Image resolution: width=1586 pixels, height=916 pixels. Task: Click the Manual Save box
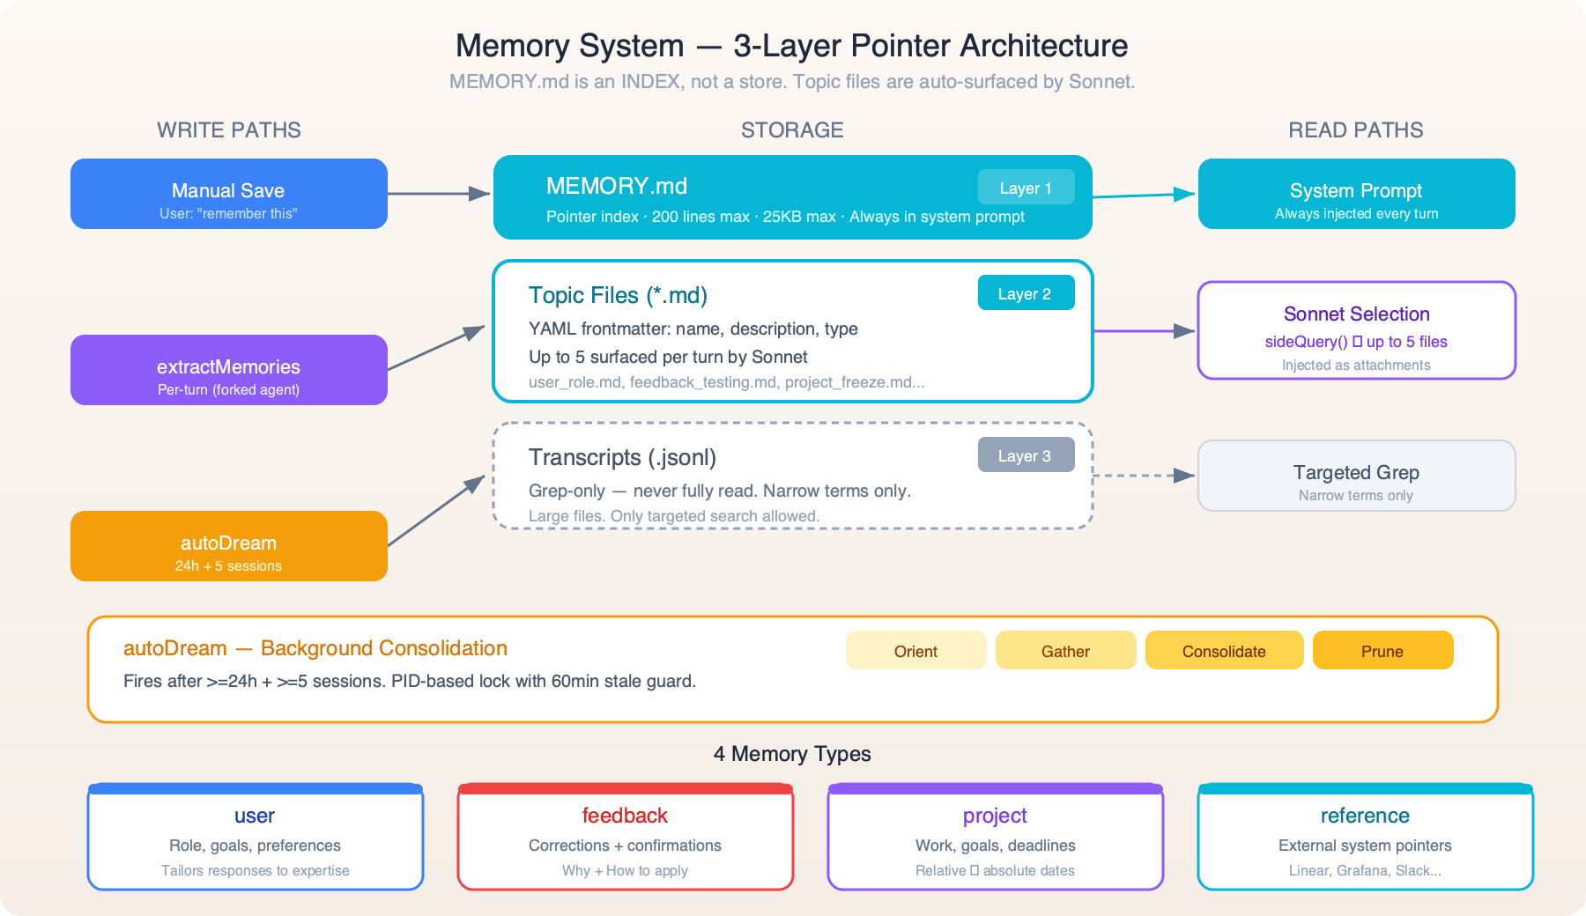pos(228,194)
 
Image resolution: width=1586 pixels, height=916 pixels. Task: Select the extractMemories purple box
pos(228,370)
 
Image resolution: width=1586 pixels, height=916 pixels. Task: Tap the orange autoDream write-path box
pos(228,546)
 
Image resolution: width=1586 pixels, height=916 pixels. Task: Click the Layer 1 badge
pos(1026,188)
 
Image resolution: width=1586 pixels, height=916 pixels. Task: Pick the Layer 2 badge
pos(1026,293)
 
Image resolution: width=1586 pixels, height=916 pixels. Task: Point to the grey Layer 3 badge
pos(1026,455)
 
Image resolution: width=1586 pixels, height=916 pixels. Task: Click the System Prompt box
pos(1356,194)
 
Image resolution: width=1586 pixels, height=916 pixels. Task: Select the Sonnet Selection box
pos(1356,330)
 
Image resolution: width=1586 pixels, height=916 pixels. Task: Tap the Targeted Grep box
pos(1356,476)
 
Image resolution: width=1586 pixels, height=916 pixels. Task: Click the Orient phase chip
pos(915,651)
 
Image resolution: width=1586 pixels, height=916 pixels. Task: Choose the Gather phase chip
pos(1065,651)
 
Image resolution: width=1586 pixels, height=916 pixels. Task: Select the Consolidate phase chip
pos(1224,651)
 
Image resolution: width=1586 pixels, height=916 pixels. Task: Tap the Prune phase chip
pos(1382,651)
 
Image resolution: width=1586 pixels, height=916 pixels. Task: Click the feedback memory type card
pos(625,837)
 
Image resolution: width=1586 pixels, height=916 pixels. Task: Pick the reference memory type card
pos(1365,837)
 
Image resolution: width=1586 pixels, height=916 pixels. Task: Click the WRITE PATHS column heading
pos(229,130)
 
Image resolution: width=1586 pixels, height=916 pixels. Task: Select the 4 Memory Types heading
pos(792,754)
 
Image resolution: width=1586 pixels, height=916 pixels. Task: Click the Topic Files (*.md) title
pos(618,295)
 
